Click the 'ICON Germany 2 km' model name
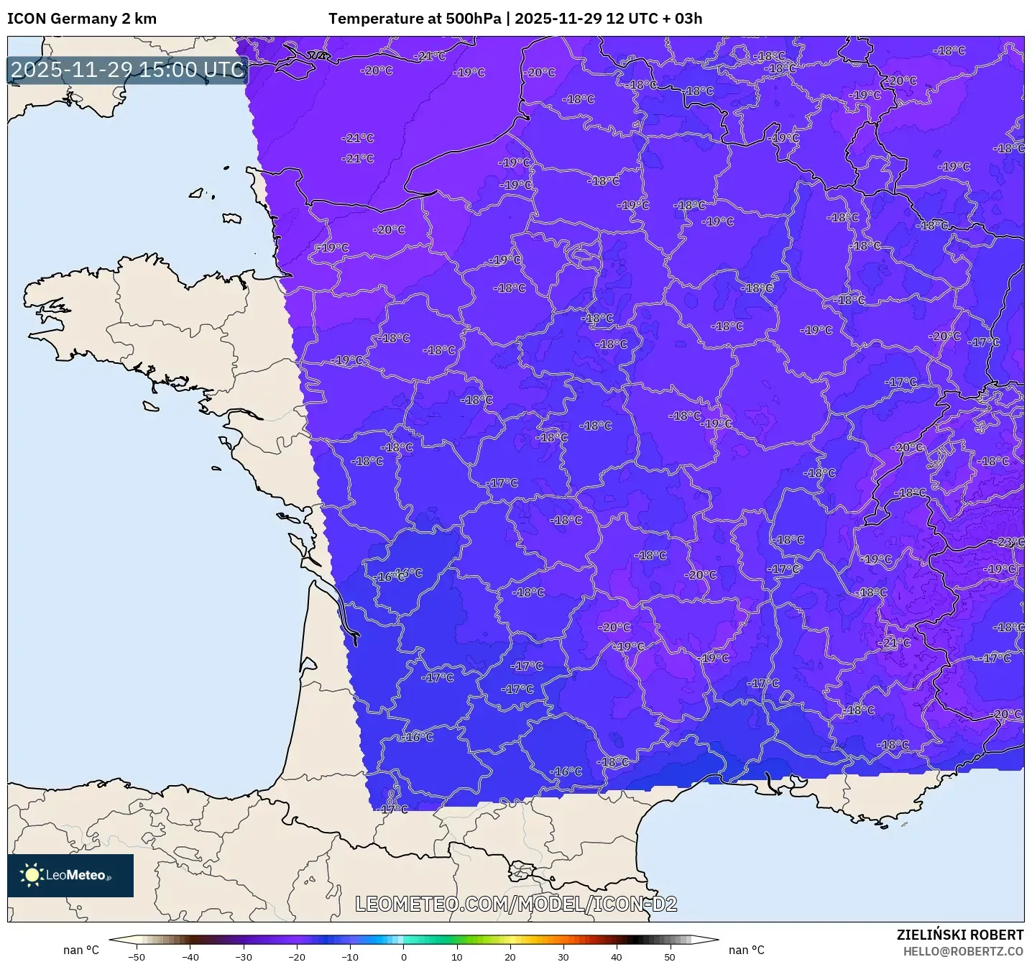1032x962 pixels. pos(82,19)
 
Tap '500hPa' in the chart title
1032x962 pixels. pos(473,19)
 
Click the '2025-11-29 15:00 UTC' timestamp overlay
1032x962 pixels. pos(128,70)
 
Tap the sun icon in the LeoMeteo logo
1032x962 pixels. pos(32,875)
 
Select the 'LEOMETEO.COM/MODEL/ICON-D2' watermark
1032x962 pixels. pos(516,904)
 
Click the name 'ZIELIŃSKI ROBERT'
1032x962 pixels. pos(959,935)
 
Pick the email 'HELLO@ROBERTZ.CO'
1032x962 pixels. pos(963,951)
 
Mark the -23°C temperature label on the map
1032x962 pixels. pos(1009,542)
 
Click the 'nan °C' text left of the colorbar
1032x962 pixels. pos(81,950)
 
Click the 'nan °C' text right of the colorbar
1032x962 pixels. pos(747,950)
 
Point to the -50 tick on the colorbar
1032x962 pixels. pos(137,957)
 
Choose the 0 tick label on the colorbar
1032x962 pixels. pos(403,957)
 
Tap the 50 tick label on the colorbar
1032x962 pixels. pos(670,957)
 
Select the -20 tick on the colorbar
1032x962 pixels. pos(297,957)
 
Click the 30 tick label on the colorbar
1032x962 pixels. pos(563,957)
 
